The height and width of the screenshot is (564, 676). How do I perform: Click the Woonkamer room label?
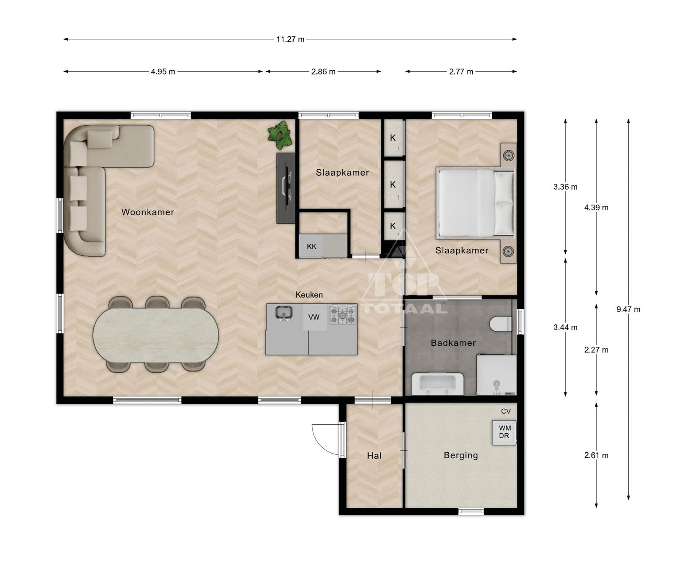click(147, 212)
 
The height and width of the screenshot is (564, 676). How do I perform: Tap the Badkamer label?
click(453, 343)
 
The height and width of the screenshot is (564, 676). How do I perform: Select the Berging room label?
click(461, 455)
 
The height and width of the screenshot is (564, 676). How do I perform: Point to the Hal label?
click(374, 456)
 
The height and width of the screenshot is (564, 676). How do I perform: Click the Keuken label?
click(309, 295)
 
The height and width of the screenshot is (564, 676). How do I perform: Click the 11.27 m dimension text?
click(290, 39)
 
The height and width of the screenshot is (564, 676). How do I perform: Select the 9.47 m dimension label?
click(628, 309)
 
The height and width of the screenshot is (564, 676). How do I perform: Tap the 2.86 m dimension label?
click(323, 72)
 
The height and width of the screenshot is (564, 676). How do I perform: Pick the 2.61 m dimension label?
click(596, 455)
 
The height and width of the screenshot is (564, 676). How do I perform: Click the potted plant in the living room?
click(280, 135)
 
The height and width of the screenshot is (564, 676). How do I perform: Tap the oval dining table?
click(156, 334)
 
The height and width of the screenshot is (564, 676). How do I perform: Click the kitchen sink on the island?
click(283, 313)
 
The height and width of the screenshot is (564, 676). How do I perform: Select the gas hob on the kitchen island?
click(342, 315)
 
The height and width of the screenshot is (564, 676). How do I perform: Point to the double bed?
click(475, 202)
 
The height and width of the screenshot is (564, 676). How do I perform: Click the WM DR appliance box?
click(504, 432)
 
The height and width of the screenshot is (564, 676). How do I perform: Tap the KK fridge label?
click(311, 246)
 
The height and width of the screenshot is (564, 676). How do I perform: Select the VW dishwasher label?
click(314, 317)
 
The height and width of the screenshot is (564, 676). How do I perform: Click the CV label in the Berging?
click(506, 411)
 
